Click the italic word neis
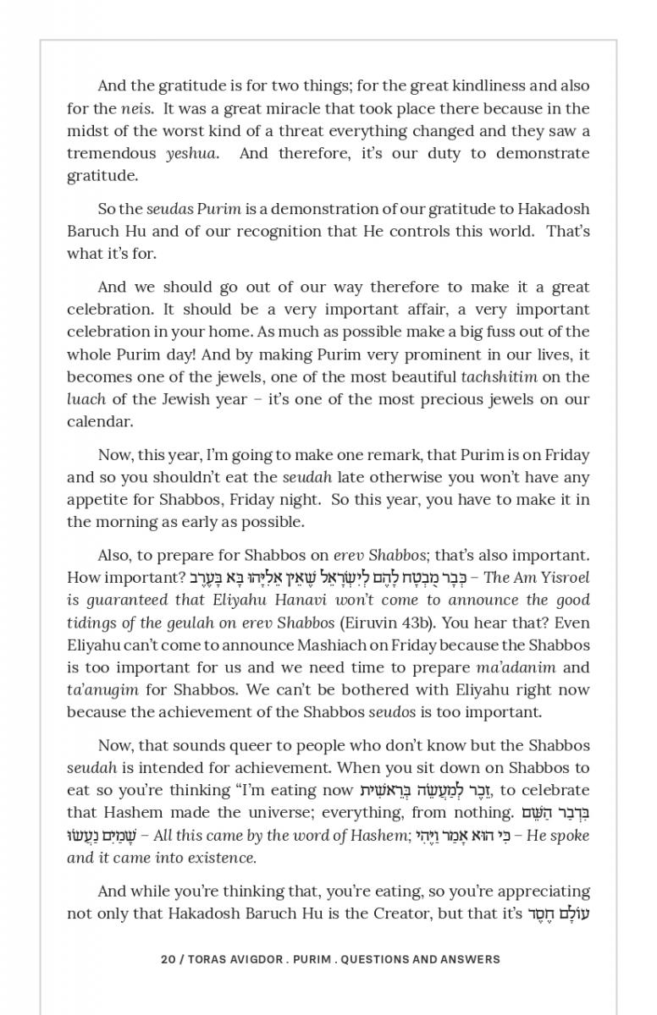coord(136,108)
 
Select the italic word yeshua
coord(191,153)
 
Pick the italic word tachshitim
coord(504,376)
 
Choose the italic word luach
coord(86,398)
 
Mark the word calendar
coord(100,421)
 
